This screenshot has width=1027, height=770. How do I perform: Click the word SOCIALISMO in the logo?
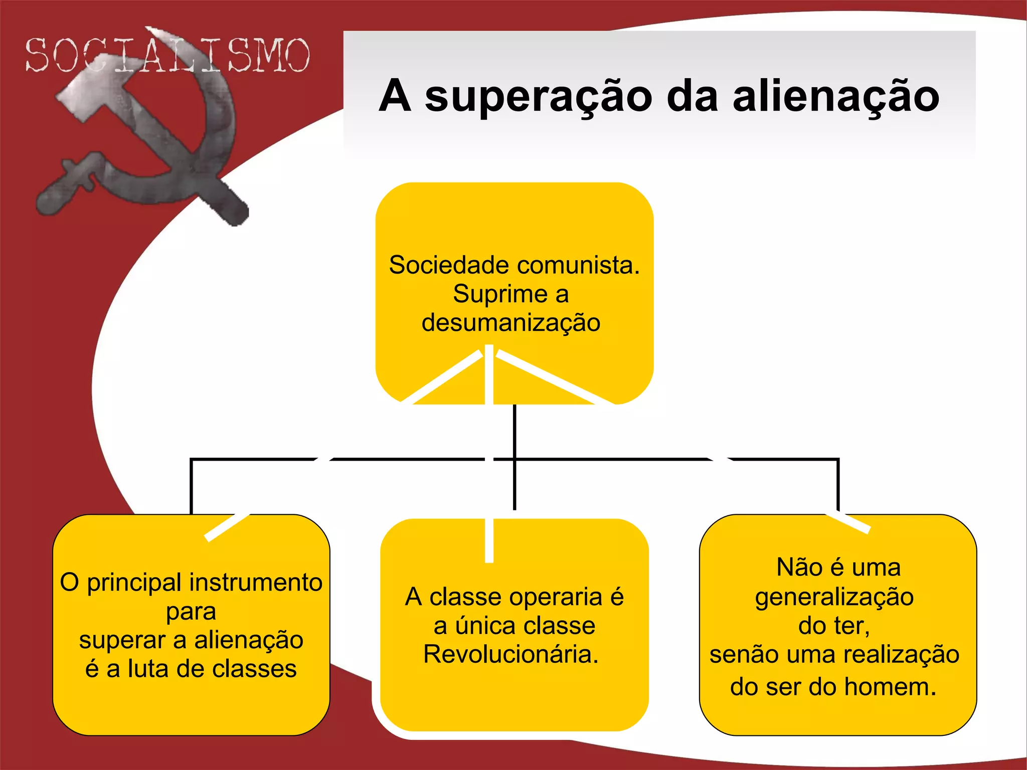pyautogui.click(x=167, y=55)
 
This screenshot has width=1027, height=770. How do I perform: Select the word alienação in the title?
pyautogui.click(x=835, y=96)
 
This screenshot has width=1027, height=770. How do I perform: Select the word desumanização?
pyautogui.click(x=511, y=323)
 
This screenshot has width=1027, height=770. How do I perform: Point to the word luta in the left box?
pyautogui.click(x=148, y=669)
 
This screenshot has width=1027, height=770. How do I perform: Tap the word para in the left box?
pyautogui.click(x=191, y=612)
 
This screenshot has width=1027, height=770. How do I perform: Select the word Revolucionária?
pyautogui.click(x=511, y=655)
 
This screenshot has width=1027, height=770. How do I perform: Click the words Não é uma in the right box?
pyautogui.click(x=838, y=568)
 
